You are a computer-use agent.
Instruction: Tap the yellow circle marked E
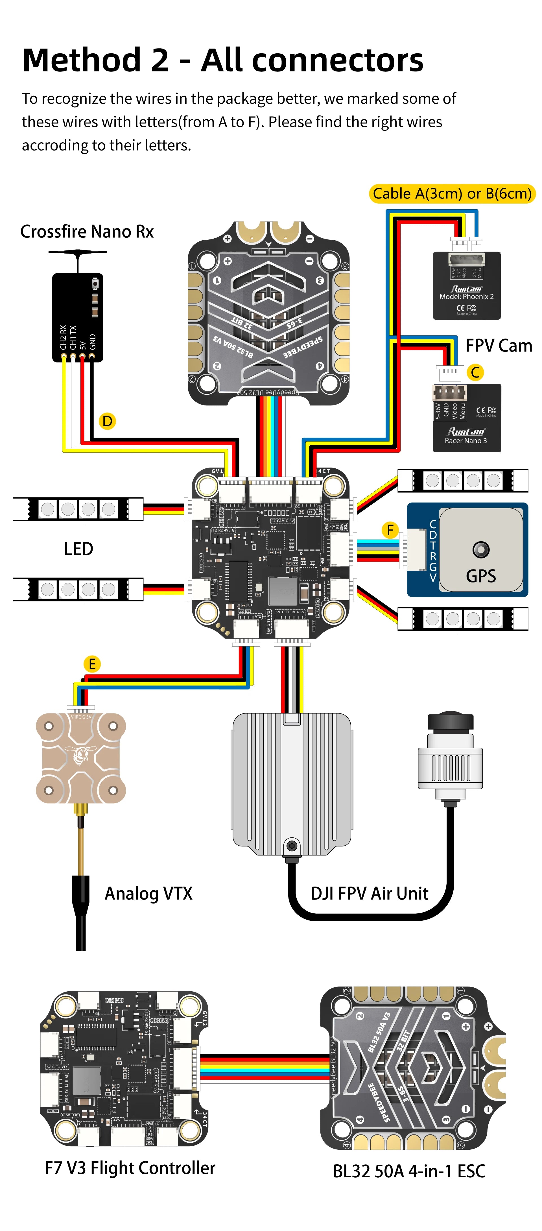92,664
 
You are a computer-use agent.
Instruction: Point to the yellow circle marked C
475,372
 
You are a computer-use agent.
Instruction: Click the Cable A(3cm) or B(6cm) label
452,193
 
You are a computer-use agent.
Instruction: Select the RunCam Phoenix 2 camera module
466,286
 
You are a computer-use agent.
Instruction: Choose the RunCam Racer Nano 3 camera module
466,418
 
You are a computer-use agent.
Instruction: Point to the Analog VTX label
148,893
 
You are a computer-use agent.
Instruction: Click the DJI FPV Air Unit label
369,893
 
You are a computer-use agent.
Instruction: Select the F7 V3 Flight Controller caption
130,1167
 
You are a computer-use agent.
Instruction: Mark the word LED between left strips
78,549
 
